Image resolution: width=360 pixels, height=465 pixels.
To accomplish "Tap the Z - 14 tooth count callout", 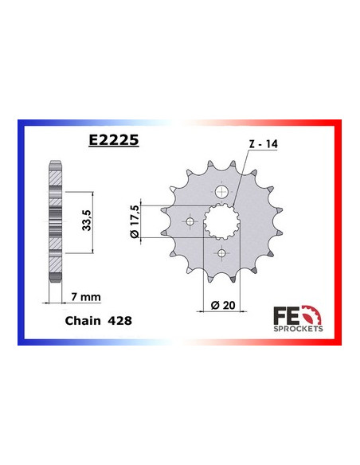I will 263,144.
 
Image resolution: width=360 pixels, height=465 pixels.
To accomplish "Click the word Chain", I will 79,324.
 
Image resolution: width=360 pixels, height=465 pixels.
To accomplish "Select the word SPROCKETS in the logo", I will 298,326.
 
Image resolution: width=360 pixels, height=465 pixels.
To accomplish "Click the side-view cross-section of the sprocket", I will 54,221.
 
